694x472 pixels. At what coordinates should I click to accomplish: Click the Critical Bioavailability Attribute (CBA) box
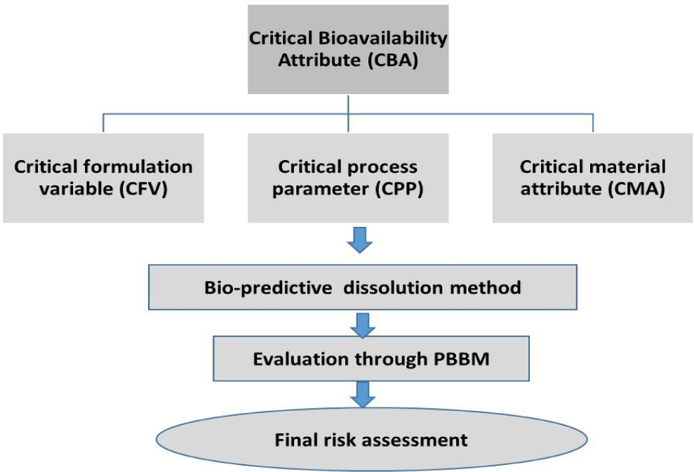[x=348, y=49]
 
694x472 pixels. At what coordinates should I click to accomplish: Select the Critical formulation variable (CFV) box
[x=103, y=178]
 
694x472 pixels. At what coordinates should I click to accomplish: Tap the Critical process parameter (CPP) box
[x=348, y=178]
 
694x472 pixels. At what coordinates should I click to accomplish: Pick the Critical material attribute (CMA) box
[x=593, y=178]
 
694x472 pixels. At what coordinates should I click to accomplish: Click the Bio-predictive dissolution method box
[x=363, y=287]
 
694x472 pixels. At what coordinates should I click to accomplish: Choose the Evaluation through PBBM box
[x=371, y=358]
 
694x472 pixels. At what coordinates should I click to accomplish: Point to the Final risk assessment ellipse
[x=371, y=439]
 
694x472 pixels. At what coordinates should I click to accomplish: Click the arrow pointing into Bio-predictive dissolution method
[x=359, y=240]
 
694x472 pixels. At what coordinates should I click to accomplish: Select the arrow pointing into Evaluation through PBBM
[x=363, y=326]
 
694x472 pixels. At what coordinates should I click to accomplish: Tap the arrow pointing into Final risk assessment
[x=363, y=395]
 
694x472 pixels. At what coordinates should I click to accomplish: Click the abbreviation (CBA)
[x=392, y=60]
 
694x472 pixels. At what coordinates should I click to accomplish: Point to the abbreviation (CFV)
[x=143, y=189]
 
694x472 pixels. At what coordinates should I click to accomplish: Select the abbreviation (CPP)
[x=399, y=189]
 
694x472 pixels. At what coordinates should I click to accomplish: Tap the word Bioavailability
[x=382, y=39]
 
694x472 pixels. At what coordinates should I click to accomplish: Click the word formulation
[x=143, y=167]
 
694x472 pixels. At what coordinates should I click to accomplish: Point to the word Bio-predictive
[x=268, y=288]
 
